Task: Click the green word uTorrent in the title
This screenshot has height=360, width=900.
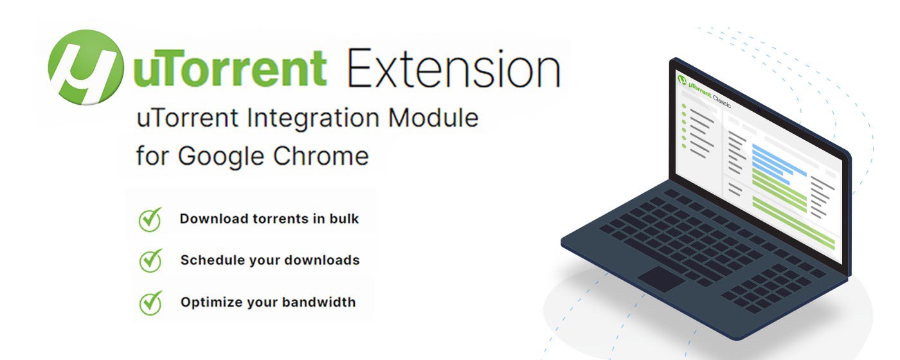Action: [x=229, y=69]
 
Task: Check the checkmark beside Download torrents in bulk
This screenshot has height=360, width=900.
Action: [x=150, y=220]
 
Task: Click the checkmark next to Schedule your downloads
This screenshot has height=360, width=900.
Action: [x=150, y=260]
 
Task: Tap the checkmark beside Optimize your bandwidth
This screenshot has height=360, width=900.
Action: [x=150, y=302]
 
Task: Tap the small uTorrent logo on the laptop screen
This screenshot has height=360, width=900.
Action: [x=682, y=80]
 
